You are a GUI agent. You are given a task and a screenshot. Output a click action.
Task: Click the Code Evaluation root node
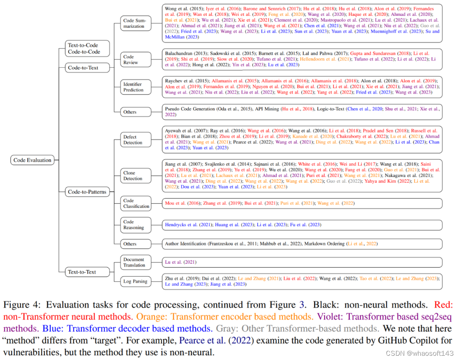click(x=32, y=160)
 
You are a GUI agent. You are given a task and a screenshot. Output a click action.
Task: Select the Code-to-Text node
click(x=83, y=67)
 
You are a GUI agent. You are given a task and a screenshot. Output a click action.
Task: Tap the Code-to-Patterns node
click(x=86, y=192)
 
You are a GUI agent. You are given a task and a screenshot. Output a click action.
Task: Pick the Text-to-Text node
click(x=82, y=272)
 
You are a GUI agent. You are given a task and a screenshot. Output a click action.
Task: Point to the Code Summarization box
click(x=135, y=23)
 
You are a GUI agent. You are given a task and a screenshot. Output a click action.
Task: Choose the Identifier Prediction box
click(x=135, y=87)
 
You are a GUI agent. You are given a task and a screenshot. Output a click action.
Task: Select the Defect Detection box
click(x=135, y=140)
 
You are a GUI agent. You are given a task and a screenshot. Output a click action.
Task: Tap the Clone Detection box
click(x=135, y=176)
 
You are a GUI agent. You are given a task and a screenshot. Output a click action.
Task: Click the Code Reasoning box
click(x=135, y=225)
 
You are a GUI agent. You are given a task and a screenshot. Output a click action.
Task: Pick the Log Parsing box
click(x=135, y=281)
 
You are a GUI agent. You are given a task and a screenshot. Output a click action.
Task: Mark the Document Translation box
click(x=135, y=262)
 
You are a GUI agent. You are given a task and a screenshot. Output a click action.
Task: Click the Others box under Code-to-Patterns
click(x=135, y=244)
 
